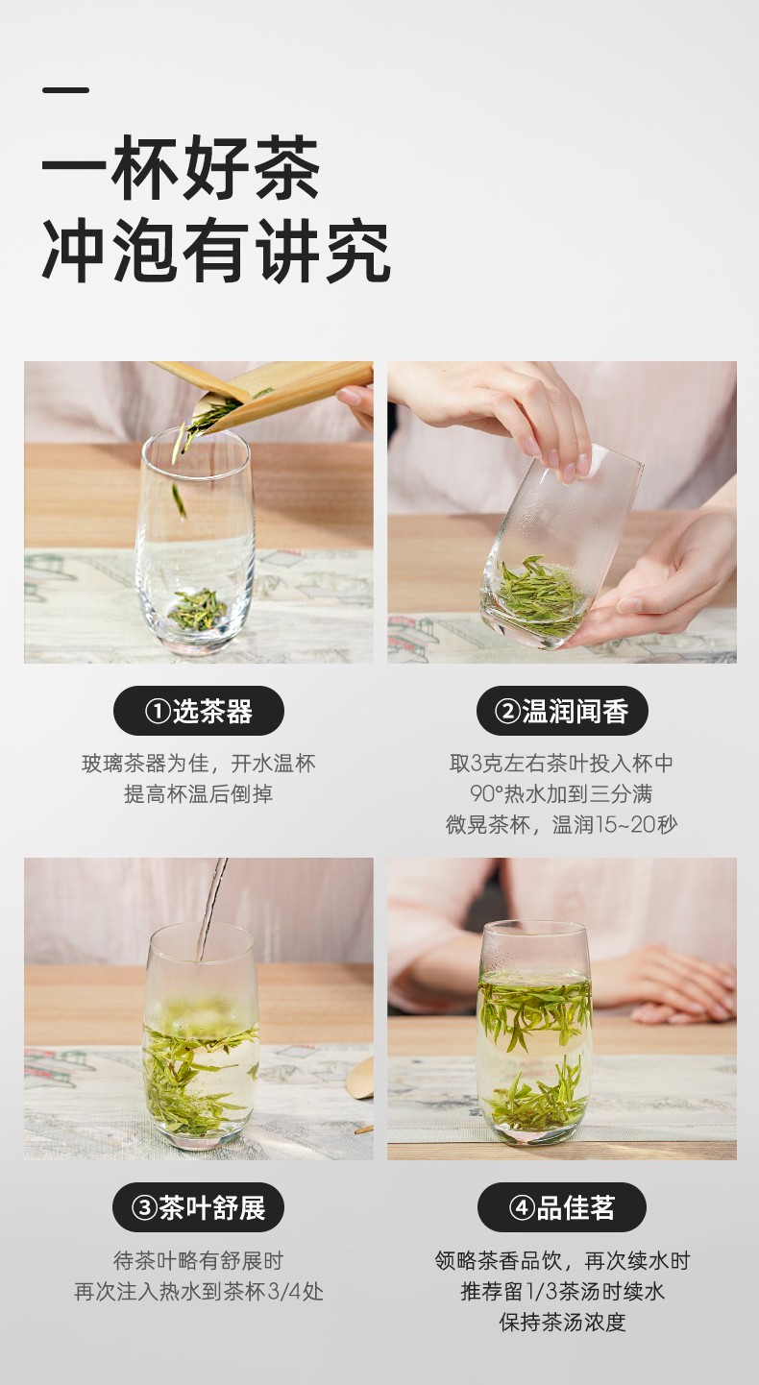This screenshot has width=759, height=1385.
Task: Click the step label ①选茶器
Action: (x=199, y=711)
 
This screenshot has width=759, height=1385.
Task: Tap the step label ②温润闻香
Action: (x=562, y=711)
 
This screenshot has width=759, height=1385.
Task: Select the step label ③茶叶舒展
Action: (x=199, y=1207)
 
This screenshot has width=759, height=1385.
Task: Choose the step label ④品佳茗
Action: (x=562, y=1207)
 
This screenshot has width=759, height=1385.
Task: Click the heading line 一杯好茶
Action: (x=181, y=168)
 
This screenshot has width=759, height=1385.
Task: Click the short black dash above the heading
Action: (x=65, y=90)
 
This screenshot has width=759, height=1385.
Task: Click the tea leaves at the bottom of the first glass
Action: (x=199, y=608)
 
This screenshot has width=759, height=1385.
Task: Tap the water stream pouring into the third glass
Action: (x=209, y=909)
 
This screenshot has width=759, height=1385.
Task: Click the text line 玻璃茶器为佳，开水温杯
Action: (x=199, y=764)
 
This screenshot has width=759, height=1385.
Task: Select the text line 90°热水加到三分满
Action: (x=562, y=794)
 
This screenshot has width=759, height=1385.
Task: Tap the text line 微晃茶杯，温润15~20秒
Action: (x=562, y=825)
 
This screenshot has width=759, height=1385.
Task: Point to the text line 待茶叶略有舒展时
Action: (x=199, y=1260)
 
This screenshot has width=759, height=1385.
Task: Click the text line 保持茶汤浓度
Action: (x=562, y=1323)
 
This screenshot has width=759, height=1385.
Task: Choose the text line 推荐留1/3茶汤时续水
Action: (x=562, y=1291)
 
